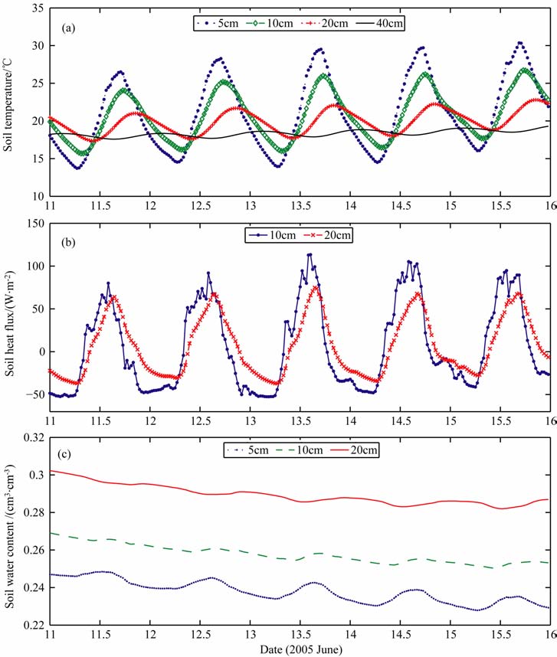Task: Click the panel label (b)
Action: click(x=67, y=241)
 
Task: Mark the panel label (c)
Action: click(x=67, y=453)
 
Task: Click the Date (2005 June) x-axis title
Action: click(x=300, y=649)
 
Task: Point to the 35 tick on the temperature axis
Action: click(x=37, y=8)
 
